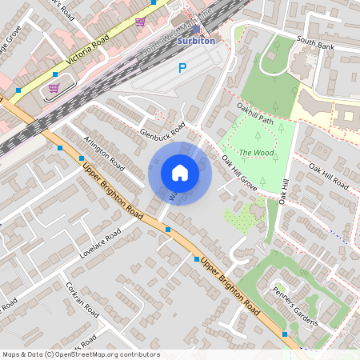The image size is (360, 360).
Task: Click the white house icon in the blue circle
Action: tap(180, 172)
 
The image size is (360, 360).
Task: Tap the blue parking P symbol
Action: tap(182, 70)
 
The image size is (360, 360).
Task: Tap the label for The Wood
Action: tap(256, 153)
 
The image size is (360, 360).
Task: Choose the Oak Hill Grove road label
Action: tap(239, 172)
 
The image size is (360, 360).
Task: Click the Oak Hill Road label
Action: tap(329, 175)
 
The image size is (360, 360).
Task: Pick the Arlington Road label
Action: tap(104, 151)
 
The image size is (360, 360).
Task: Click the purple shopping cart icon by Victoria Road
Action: tap(54, 88)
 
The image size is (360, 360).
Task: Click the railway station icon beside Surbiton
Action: tap(195, 27)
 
